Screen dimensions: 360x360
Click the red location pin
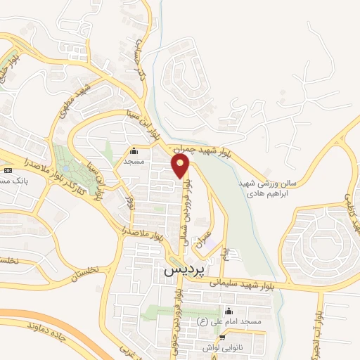pyautogui.click(x=181, y=166)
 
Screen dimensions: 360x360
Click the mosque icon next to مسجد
pyautogui.click(x=134, y=150)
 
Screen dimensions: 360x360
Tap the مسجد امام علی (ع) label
pyautogui.click(x=252, y=321)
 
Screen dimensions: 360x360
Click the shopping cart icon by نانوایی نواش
pyautogui.click(x=222, y=338)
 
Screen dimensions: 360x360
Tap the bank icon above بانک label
pyautogui.click(x=8, y=171)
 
